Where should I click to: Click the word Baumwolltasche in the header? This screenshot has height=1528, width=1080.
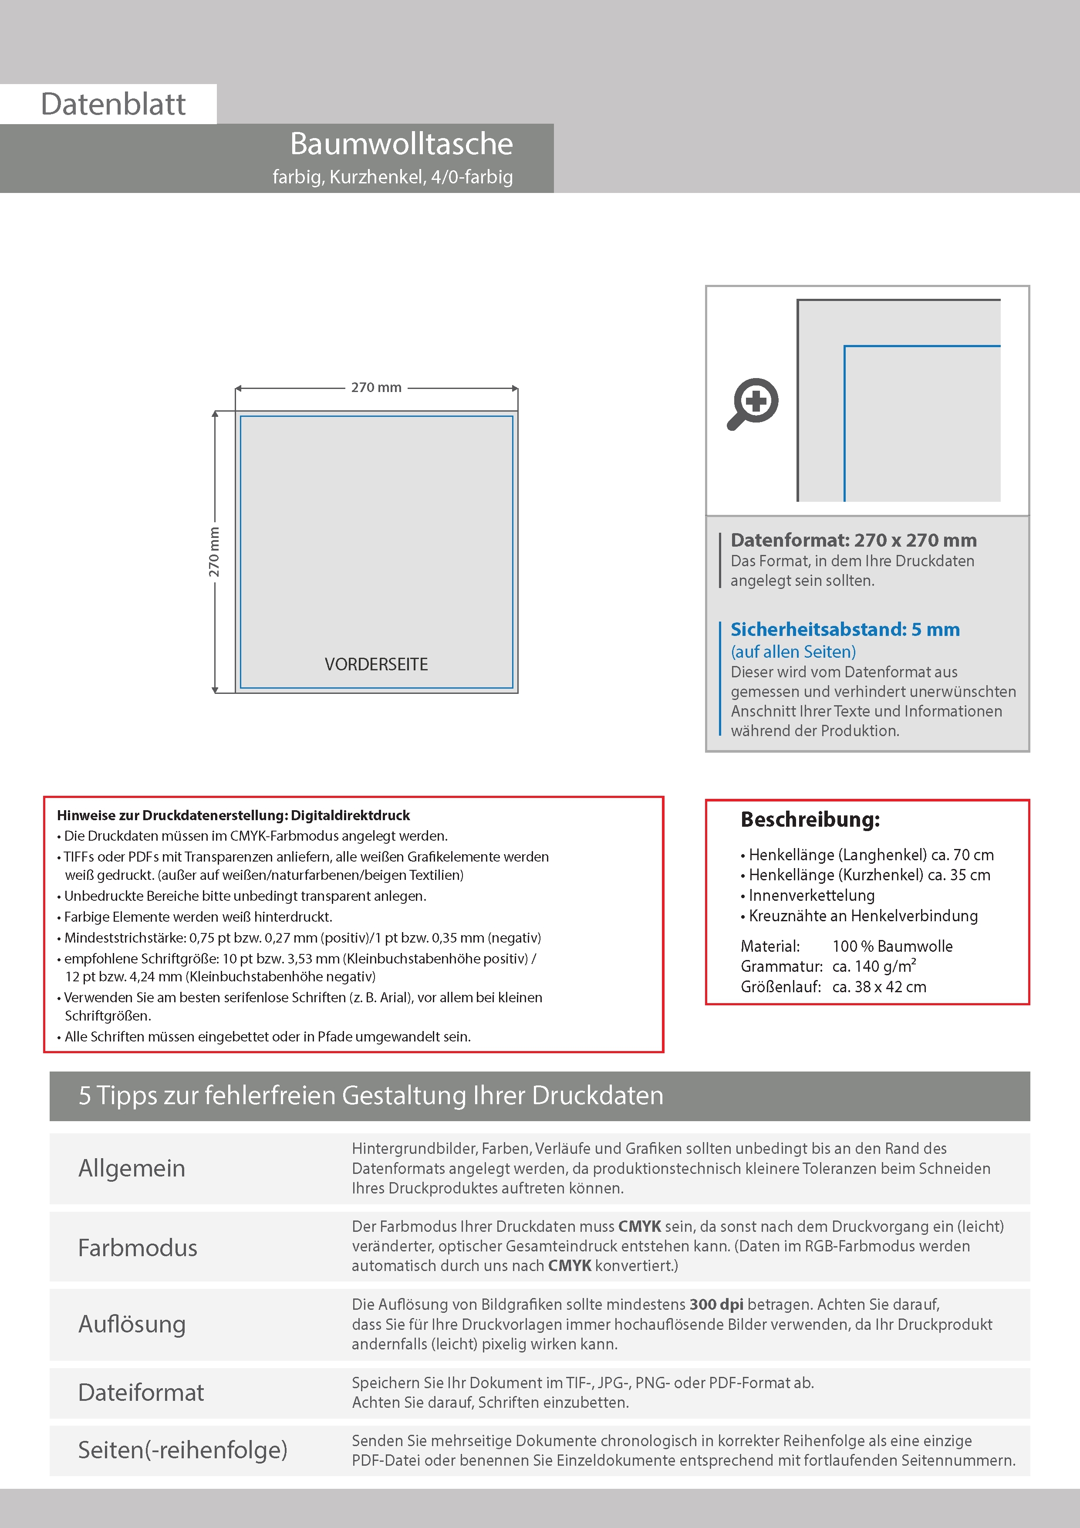tap(401, 144)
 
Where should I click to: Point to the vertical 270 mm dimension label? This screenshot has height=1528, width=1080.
tap(213, 552)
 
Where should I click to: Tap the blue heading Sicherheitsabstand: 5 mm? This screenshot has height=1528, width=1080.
tap(844, 629)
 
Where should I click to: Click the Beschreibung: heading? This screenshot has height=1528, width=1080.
tap(810, 819)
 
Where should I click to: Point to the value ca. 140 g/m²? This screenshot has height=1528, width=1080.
tap(874, 966)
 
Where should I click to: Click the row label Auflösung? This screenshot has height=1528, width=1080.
tap(132, 1324)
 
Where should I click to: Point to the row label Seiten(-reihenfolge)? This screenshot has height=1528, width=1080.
tap(182, 1450)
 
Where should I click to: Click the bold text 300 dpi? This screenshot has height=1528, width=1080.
tap(716, 1305)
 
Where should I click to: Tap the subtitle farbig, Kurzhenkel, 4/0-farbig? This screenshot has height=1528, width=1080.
tap(393, 177)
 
